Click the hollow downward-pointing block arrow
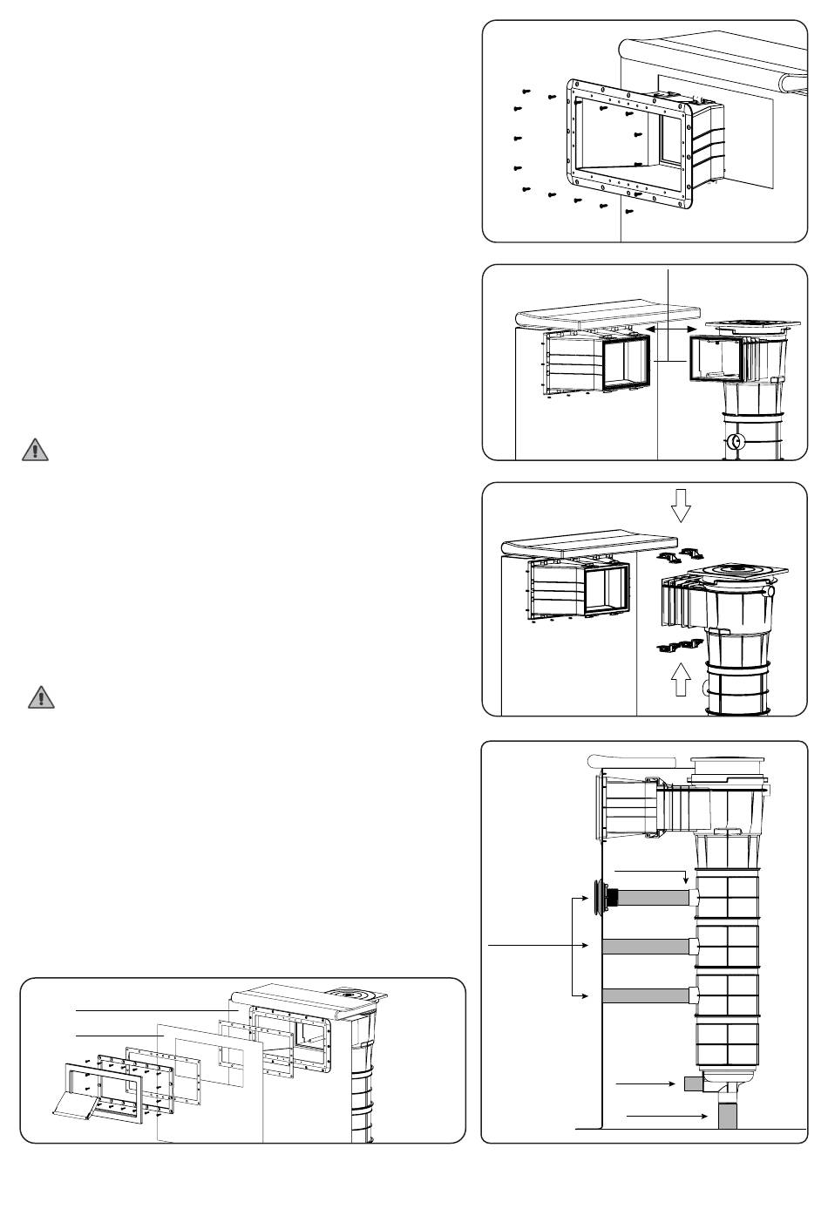(x=682, y=505)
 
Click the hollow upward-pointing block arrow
(x=682, y=680)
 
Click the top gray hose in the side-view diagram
(x=654, y=897)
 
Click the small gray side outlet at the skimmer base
(x=692, y=1084)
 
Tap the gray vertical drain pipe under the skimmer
(x=727, y=1115)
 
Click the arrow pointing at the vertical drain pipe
(x=667, y=1116)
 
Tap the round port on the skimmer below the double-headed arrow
(x=735, y=441)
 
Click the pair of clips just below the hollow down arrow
(x=681, y=554)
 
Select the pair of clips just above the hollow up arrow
(x=680, y=646)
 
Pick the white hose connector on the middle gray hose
(x=694, y=947)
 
